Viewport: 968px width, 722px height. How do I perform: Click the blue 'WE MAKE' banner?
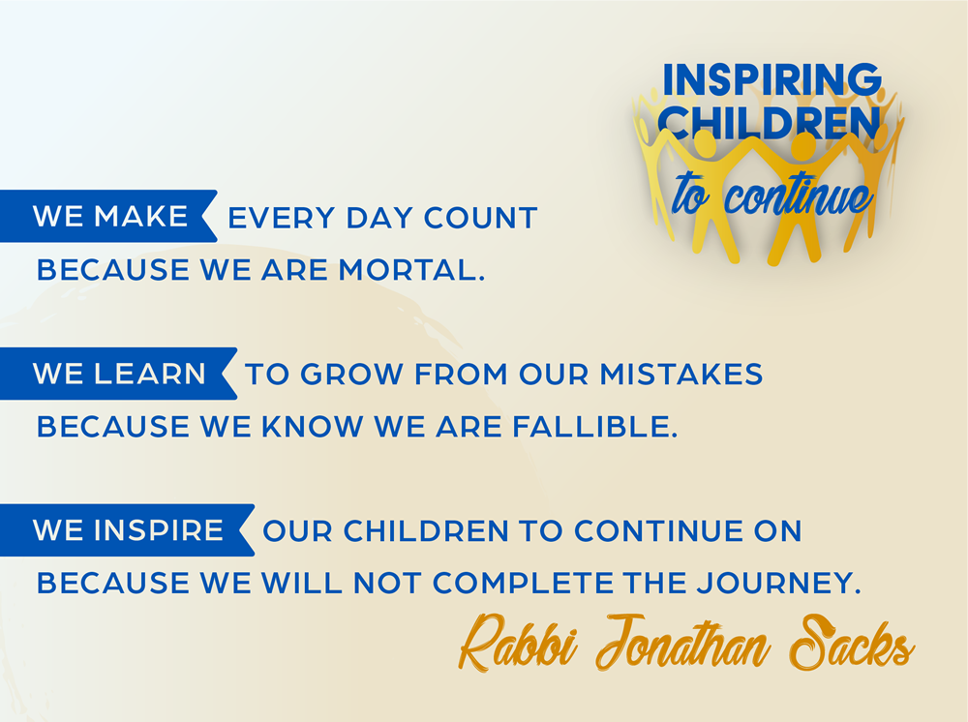[x=108, y=216]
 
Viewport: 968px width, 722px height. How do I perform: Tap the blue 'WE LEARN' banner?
[x=117, y=374]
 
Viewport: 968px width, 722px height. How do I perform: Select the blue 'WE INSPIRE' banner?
[x=127, y=530]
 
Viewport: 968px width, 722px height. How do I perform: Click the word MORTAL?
[x=411, y=270]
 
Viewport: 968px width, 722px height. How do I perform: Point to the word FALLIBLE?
[x=595, y=427]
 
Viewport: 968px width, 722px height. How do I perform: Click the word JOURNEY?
[x=779, y=584]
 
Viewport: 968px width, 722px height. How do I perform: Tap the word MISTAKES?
[x=681, y=374]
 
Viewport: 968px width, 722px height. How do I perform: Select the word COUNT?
[x=480, y=218]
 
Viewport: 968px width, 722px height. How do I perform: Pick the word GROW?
[x=351, y=374]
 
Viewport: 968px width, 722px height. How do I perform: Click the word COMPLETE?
[x=523, y=584]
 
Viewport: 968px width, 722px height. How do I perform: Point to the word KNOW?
[x=313, y=427]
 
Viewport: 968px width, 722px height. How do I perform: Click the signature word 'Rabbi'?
[x=519, y=644]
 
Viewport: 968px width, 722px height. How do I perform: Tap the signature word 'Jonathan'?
[x=682, y=644]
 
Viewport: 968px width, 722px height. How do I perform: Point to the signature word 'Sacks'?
[x=852, y=644]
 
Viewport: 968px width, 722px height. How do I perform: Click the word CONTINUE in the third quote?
[x=658, y=530]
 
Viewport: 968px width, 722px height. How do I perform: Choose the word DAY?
[x=379, y=218]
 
